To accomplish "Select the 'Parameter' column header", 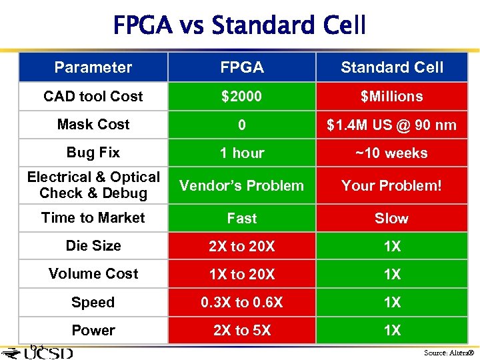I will (x=93, y=67).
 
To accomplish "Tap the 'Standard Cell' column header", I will (x=392, y=67).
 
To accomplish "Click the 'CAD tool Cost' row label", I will (x=93, y=96).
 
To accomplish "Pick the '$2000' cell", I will (x=241, y=96).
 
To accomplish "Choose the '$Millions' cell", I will (x=392, y=96).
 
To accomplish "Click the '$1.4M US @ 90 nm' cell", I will (x=392, y=125).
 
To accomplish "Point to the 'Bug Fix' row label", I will (x=93, y=153).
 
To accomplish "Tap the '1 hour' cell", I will (x=241, y=153).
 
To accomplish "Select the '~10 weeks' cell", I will (x=392, y=153).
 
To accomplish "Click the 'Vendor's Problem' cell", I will (x=241, y=185).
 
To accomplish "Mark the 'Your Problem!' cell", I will (x=392, y=185).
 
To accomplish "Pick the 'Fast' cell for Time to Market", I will (x=241, y=218).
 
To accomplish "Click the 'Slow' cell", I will (x=392, y=218).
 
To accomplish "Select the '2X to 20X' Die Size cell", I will (x=241, y=247).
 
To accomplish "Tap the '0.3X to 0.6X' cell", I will (x=241, y=302).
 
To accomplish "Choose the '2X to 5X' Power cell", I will (x=241, y=330).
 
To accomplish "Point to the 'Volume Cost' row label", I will (x=93, y=274).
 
